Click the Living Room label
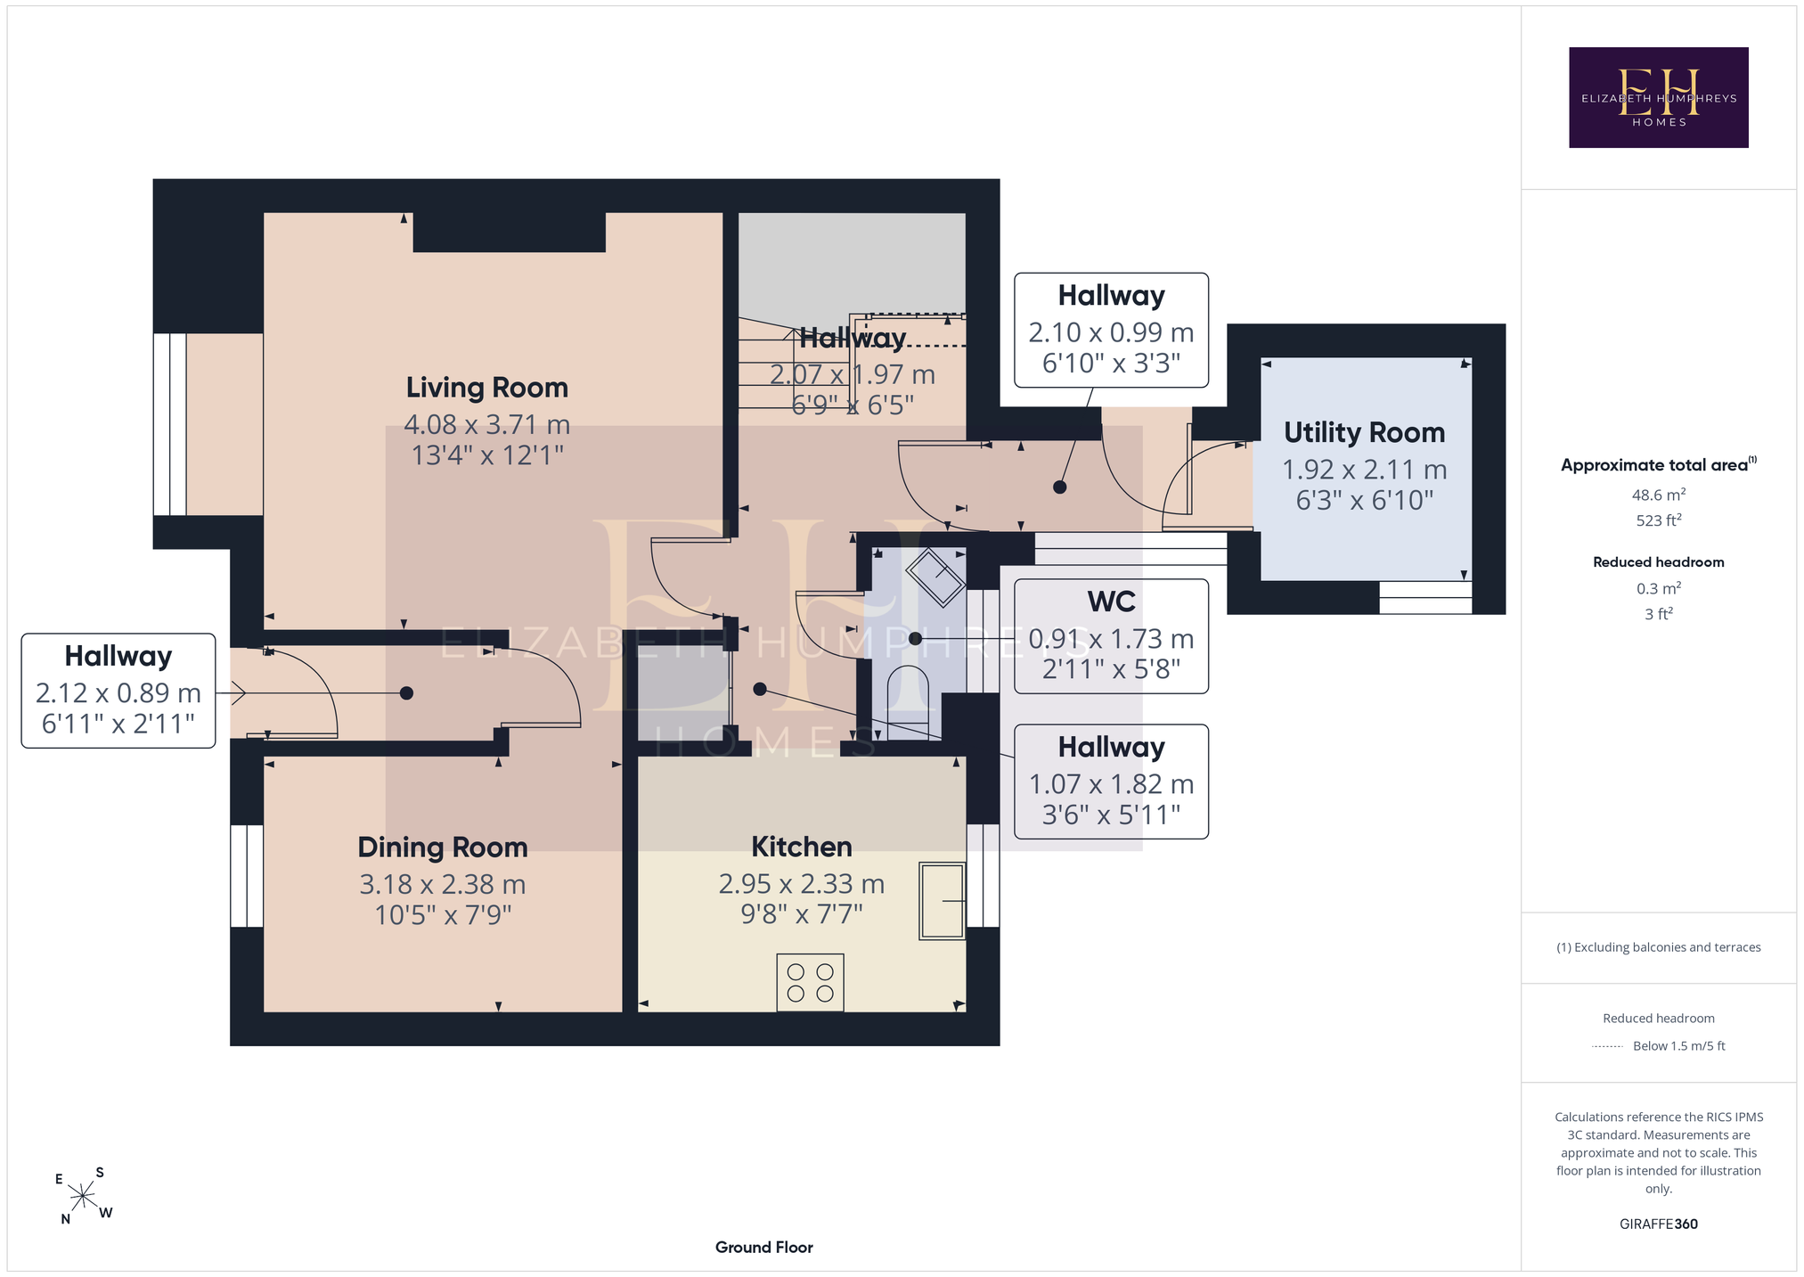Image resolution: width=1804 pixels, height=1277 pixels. pyautogui.click(x=486, y=388)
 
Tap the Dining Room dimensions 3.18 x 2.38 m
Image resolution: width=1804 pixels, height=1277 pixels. pyautogui.click(x=443, y=884)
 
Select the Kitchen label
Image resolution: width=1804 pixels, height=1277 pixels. pyautogui.click(x=802, y=847)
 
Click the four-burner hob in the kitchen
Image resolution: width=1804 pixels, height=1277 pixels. pyautogui.click(x=810, y=982)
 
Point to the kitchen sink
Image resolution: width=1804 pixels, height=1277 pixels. pyautogui.click(x=942, y=900)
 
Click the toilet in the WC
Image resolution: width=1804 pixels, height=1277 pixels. pyautogui.click(x=909, y=702)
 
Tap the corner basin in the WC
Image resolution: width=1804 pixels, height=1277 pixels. pyautogui.click(x=935, y=577)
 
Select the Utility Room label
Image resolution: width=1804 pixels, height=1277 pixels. pyautogui.click(x=1364, y=432)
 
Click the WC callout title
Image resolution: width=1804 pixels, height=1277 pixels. pyautogui.click(x=1111, y=602)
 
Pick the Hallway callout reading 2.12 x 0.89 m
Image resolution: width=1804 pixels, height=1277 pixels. pyautogui.click(x=118, y=691)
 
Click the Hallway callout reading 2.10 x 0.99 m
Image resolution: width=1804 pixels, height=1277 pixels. pyautogui.click(x=1111, y=330)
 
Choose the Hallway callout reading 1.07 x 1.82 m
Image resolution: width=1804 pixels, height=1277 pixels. pyautogui.click(x=1111, y=782)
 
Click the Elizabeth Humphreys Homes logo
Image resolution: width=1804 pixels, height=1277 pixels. pyautogui.click(x=1658, y=97)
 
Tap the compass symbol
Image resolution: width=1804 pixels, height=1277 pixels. pyautogui.click(x=82, y=1195)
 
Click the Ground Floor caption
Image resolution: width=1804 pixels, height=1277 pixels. pyautogui.click(x=763, y=1247)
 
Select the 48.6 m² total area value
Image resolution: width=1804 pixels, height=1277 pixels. pyautogui.click(x=1658, y=495)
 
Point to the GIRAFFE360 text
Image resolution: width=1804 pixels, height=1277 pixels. pyautogui.click(x=1658, y=1224)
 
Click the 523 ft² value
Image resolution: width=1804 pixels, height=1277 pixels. pyautogui.click(x=1658, y=520)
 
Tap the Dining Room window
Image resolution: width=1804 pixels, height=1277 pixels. pyautogui.click(x=247, y=876)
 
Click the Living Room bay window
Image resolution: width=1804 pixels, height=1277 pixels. pyautogui.click(x=170, y=424)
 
